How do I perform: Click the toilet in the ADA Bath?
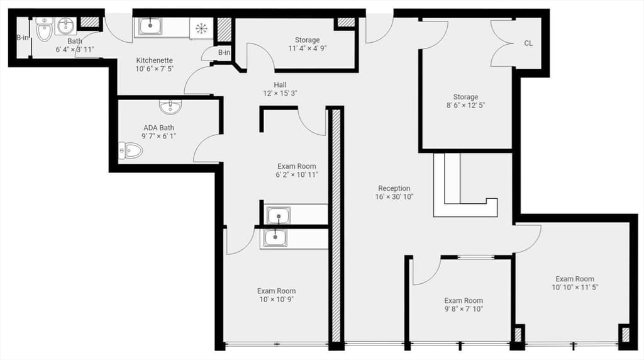pos(131,151)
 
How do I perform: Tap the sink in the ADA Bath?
pos(170,107)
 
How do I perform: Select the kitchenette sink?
pos(150,26)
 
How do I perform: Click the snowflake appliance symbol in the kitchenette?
pos(201,28)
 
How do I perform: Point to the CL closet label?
pos(528,43)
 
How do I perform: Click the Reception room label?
pos(394,188)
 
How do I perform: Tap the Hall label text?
pos(280,85)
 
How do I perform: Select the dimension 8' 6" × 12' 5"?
pos(466,105)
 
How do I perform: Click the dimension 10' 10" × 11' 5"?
pos(575,287)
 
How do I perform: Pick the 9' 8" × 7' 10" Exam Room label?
pos(464,305)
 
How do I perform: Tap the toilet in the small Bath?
pos(45,30)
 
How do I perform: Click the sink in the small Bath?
pos(65,26)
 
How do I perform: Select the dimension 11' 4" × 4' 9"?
pos(307,48)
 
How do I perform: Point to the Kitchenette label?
pos(155,60)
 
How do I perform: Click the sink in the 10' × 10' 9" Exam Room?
pos(275,238)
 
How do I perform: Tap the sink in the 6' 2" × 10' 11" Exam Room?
pos(279,216)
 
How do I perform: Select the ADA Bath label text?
pos(158,128)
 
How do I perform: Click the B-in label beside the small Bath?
pos(23,37)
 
